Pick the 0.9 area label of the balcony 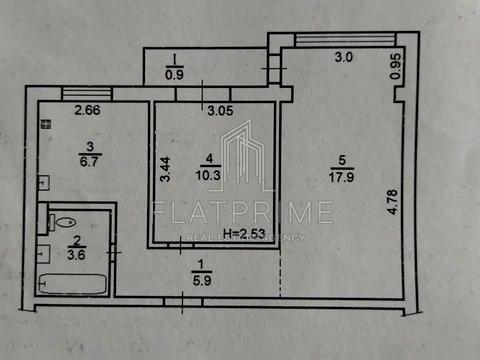point(174,73)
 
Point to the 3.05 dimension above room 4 point(219,111)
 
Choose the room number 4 point(208,157)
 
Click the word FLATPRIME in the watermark point(243,212)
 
